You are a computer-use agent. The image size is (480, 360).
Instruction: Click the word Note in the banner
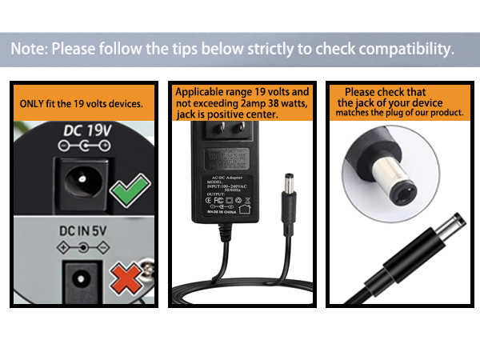29,49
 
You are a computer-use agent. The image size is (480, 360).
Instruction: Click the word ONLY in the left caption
34,105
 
